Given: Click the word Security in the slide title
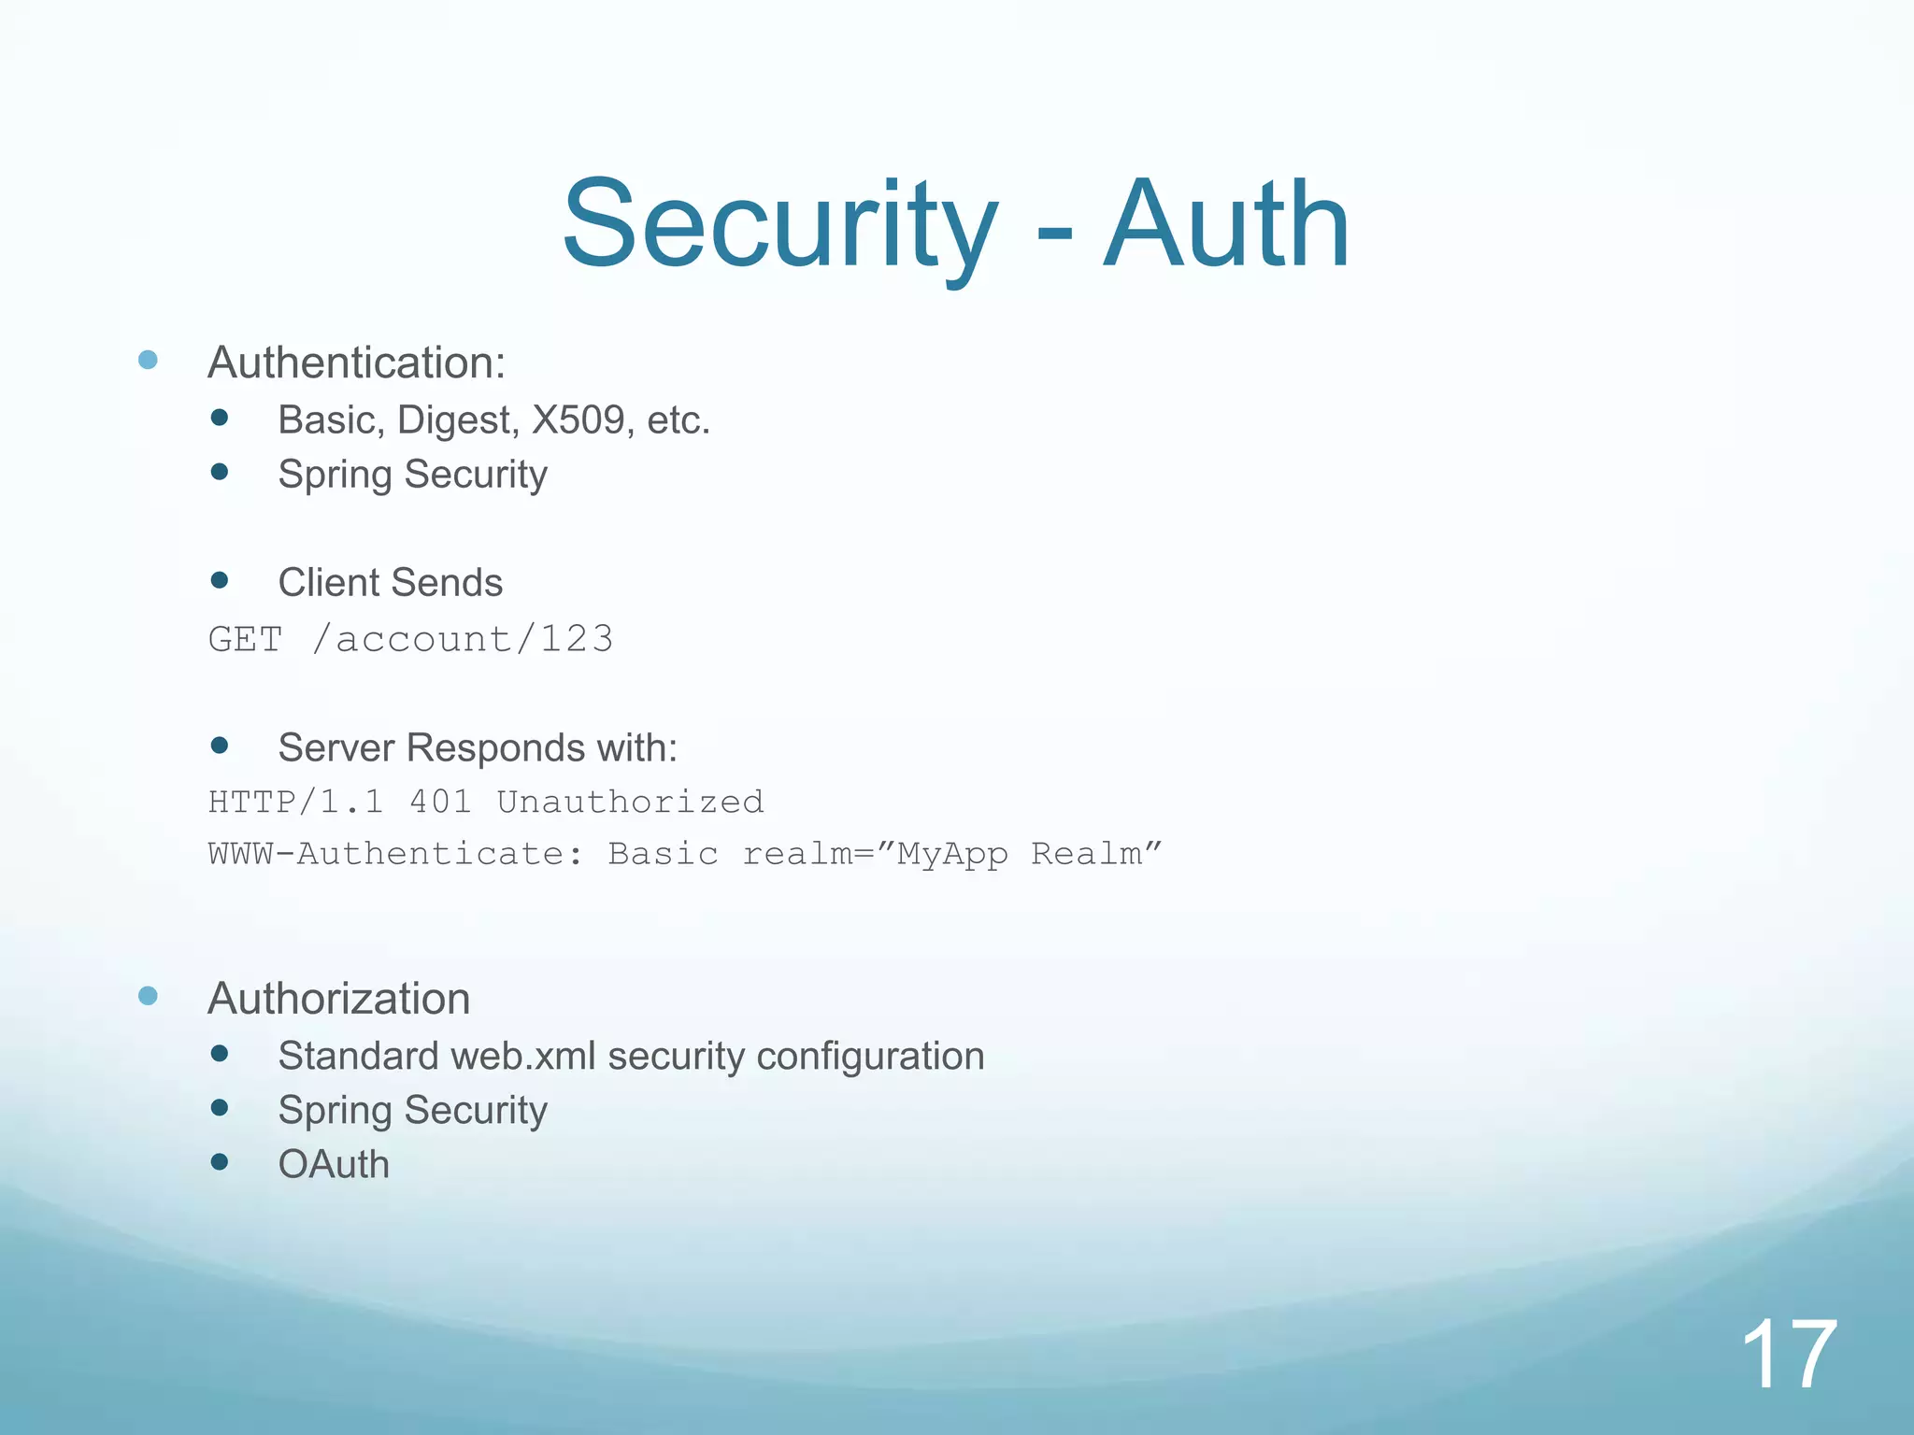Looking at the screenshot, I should point(780,226).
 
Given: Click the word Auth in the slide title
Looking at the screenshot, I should point(1226,226).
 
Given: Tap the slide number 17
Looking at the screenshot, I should point(1789,1355).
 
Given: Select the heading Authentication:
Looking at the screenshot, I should point(356,362).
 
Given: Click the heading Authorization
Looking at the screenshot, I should point(338,999).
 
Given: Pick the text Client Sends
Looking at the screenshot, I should point(390,583).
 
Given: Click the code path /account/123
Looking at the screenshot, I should point(464,640).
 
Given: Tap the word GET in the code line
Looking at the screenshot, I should point(245,640).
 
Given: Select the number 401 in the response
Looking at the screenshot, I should point(440,803).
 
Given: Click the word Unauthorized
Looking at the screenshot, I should point(630,803).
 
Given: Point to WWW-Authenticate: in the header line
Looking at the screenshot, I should point(396,854).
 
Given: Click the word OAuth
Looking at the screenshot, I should point(334,1165).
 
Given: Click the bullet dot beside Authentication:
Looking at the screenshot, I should point(148,360).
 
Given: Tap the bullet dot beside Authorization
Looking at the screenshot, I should point(148,996).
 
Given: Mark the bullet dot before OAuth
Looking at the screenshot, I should point(220,1162).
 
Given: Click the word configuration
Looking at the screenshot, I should point(870,1057).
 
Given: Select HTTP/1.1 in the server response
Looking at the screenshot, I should point(295,803).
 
